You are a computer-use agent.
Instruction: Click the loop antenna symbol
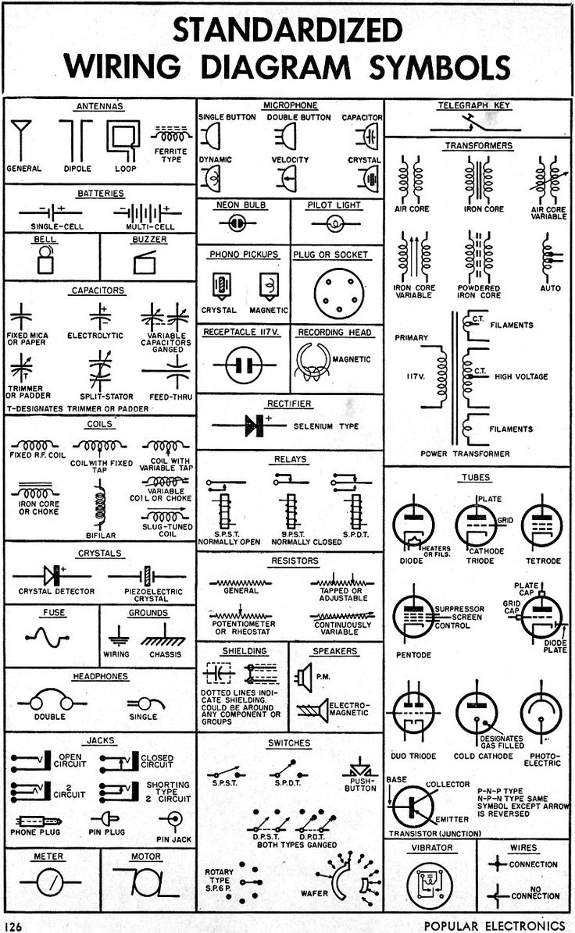[120, 141]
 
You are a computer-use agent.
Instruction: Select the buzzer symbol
[149, 263]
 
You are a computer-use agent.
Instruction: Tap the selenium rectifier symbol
[253, 425]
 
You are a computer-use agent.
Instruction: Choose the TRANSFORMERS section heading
[479, 145]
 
